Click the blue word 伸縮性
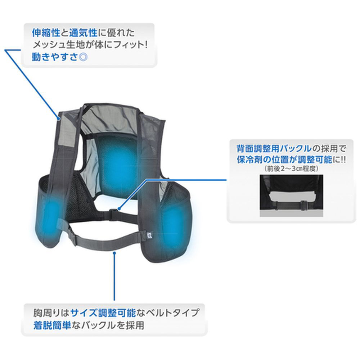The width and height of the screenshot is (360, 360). pyautogui.click(x=46, y=33)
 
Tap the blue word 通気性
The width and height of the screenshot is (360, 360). pyautogui.click(x=83, y=33)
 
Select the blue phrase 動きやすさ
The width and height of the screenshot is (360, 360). pyautogui.click(x=55, y=57)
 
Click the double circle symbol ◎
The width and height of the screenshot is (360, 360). pyautogui.click(x=83, y=57)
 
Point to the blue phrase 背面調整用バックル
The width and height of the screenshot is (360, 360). pyautogui.click(x=274, y=149)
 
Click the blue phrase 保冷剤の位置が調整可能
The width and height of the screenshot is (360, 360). pyautogui.click(x=284, y=159)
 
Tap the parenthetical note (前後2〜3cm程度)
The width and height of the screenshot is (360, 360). pyautogui.click(x=291, y=169)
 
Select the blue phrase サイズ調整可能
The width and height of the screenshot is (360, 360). pyautogui.click(x=103, y=313)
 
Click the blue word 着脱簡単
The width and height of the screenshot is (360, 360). pyautogui.click(x=52, y=325)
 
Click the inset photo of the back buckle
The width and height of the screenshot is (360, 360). pyautogui.click(x=291, y=195)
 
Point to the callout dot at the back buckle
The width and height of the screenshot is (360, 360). pyautogui.click(x=119, y=209)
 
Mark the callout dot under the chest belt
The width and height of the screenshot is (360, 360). pyautogui.click(x=114, y=253)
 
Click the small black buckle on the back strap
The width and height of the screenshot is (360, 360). pyautogui.click(x=113, y=213)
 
